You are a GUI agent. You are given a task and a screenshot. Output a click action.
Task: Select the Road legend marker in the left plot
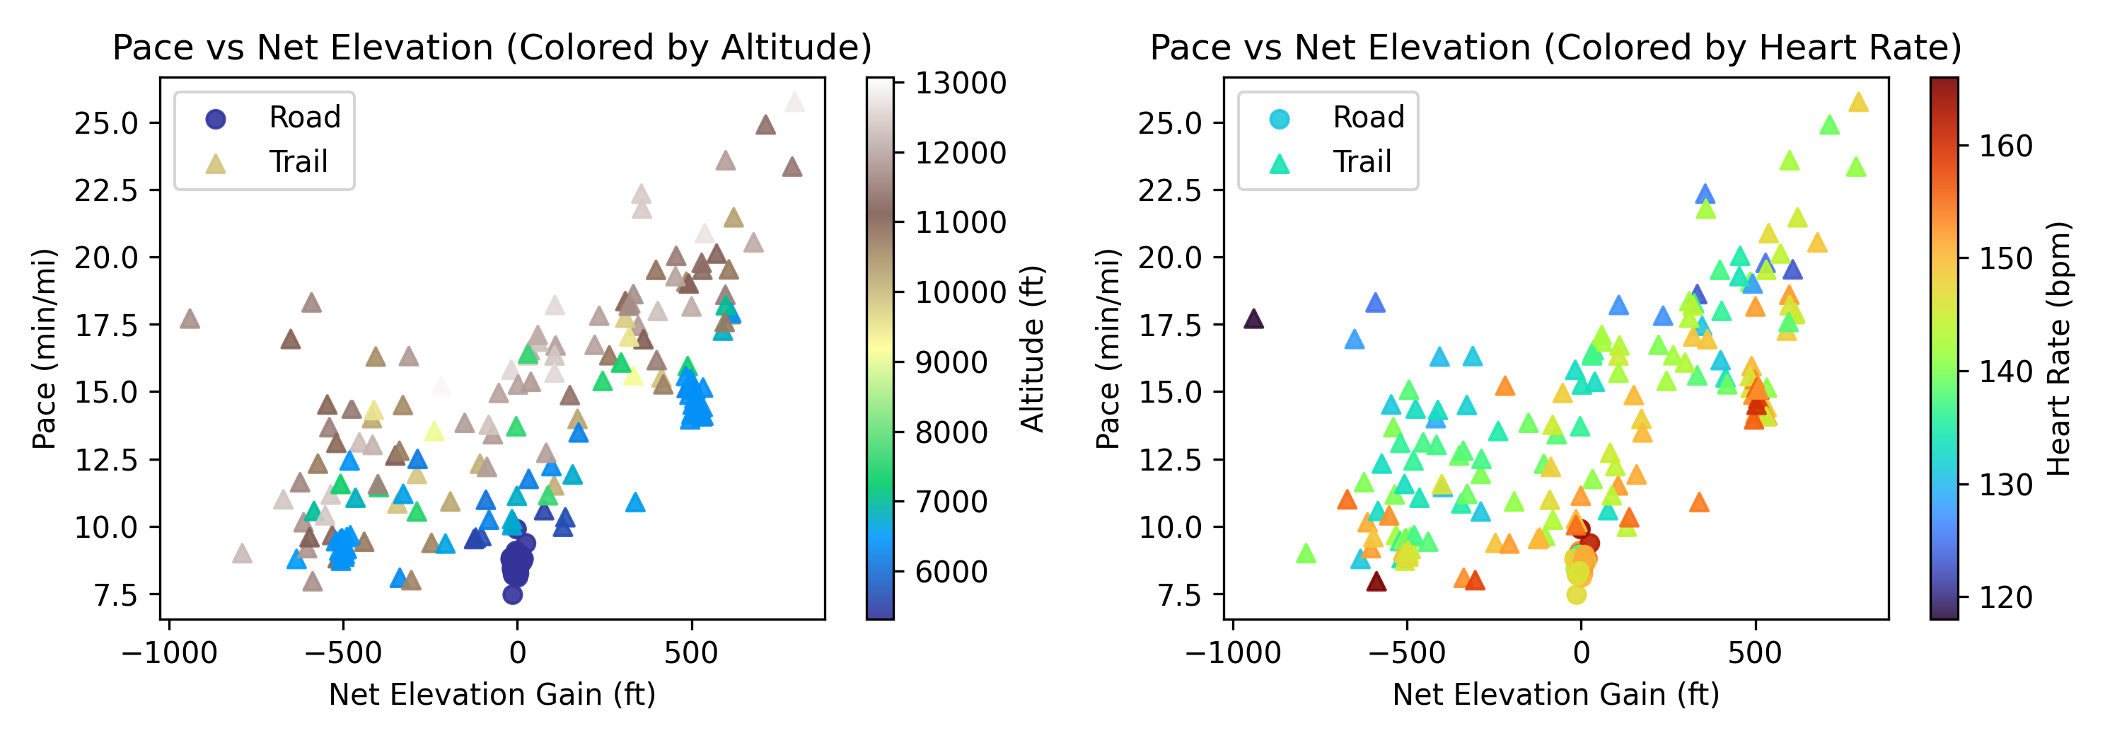(x=215, y=119)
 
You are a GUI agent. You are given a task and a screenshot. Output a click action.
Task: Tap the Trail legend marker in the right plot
(x=1280, y=163)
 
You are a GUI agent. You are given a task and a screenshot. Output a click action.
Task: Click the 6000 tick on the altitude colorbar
(x=951, y=571)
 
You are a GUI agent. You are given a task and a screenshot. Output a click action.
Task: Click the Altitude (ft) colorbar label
(x=1032, y=347)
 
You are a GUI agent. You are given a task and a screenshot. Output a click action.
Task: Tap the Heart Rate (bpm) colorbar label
(x=2058, y=347)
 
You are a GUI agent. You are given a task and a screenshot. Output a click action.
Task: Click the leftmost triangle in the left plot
(x=190, y=318)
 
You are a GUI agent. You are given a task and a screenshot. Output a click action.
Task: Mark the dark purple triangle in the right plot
(x=1254, y=318)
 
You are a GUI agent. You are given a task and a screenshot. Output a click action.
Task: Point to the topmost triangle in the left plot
(x=795, y=102)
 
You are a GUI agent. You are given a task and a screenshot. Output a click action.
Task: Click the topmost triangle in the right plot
(x=1858, y=102)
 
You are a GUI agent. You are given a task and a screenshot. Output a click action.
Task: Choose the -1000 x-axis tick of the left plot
(x=169, y=652)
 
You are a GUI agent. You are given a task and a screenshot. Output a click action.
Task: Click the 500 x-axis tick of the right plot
(x=1755, y=652)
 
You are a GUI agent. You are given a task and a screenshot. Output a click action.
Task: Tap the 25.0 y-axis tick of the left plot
(x=106, y=124)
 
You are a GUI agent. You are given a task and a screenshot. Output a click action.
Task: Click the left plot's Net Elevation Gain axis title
(x=492, y=694)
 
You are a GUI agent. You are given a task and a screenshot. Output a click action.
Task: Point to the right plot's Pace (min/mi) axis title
(x=1107, y=347)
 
